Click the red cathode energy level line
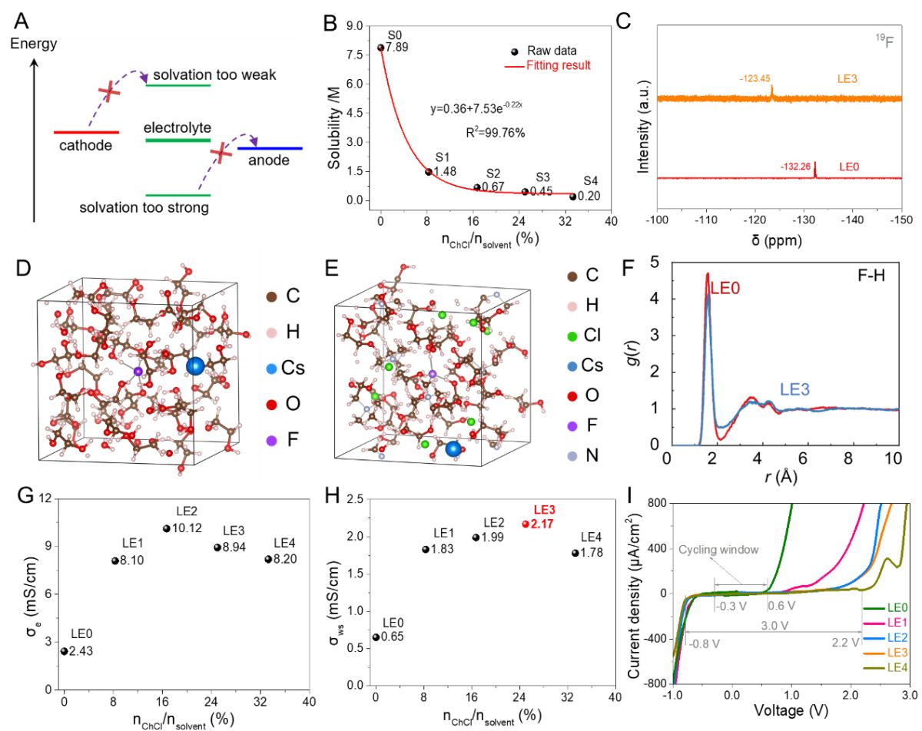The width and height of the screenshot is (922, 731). [x=85, y=131]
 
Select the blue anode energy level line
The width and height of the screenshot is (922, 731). [x=270, y=148]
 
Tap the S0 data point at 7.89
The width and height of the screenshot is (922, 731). [x=380, y=48]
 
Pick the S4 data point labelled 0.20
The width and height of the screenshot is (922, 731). [x=572, y=197]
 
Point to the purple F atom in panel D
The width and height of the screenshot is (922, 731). [x=138, y=372]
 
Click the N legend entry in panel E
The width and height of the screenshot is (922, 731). [x=584, y=456]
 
